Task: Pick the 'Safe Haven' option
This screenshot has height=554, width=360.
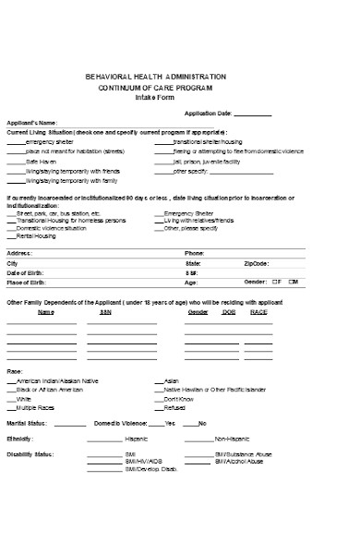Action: tap(42, 161)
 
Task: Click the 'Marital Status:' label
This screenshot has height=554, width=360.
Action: tap(27, 422)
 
